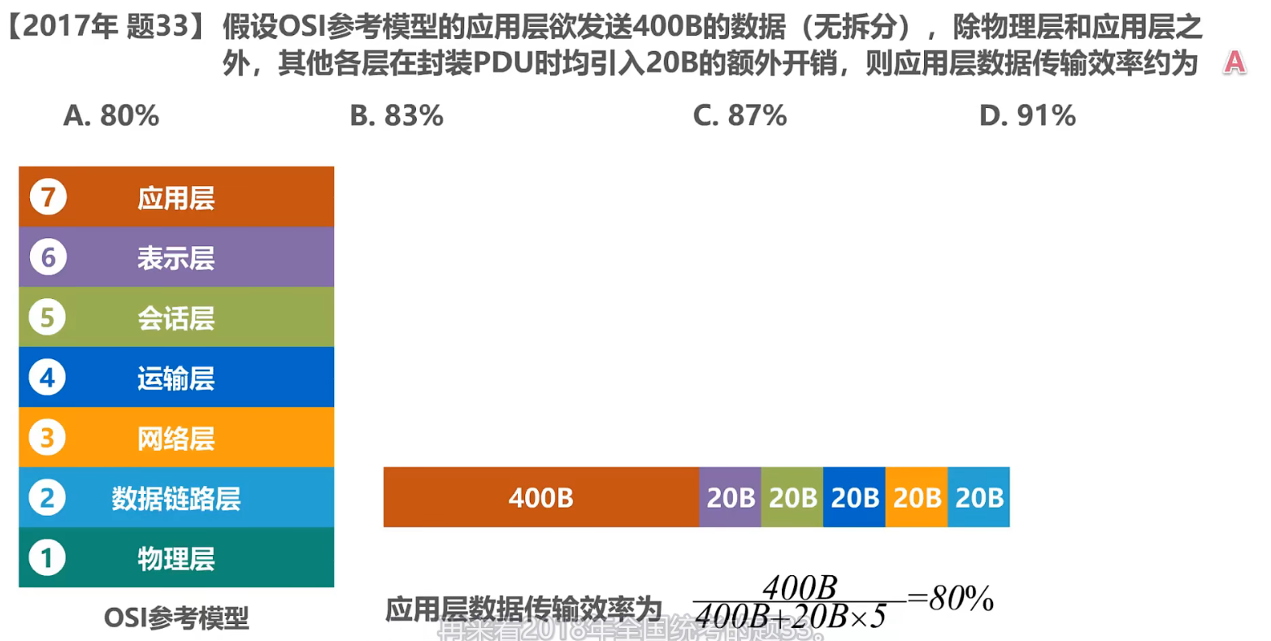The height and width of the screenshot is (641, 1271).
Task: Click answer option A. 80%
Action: [x=111, y=116]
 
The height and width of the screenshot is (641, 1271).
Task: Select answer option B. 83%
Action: [x=397, y=116]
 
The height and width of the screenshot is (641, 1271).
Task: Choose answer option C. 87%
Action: [x=740, y=116]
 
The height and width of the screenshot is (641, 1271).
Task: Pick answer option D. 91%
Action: [x=1027, y=116]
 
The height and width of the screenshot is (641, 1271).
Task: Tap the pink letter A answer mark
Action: [x=1234, y=62]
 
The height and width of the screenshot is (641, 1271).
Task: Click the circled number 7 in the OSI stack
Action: [x=48, y=197]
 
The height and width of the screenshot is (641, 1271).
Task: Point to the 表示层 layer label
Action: [x=176, y=258]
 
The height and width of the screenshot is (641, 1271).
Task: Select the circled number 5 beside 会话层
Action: [x=47, y=317]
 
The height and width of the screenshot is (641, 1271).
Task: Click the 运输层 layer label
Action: [x=176, y=378]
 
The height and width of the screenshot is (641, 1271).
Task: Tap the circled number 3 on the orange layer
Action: [x=47, y=437]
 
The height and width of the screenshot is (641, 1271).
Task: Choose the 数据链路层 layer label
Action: [x=176, y=498]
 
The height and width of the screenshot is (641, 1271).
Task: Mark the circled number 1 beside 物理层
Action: [x=47, y=558]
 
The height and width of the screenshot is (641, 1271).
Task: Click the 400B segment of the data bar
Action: [x=540, y=497]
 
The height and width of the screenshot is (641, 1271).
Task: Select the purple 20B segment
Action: [x=730, y=497]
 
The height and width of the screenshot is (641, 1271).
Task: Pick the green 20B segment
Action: [x=792, y=497]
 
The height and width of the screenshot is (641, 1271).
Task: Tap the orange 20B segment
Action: [x=917, y=497]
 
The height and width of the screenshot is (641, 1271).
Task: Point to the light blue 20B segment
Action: [x=978, y=497]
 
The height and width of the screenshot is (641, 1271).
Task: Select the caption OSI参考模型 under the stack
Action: [x=176, y=618]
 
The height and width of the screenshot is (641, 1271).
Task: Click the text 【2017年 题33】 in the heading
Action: [x=106, y=28]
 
